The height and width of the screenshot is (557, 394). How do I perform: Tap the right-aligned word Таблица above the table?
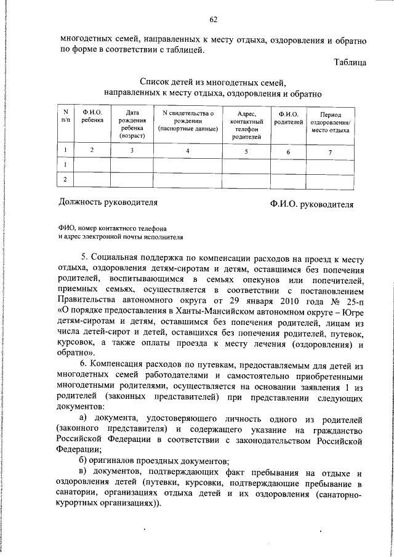click(x=351, y=62)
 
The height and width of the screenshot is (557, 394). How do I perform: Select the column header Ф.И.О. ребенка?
click(x=92, y=117)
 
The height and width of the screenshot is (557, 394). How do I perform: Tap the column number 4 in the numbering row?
click(x=188, y=150)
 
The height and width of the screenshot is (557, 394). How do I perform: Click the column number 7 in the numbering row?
click(x=330, y=151)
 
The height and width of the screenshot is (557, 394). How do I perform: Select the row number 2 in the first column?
click(x=65, y=179)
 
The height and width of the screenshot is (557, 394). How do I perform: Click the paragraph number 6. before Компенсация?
click(x=85, y=364)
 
